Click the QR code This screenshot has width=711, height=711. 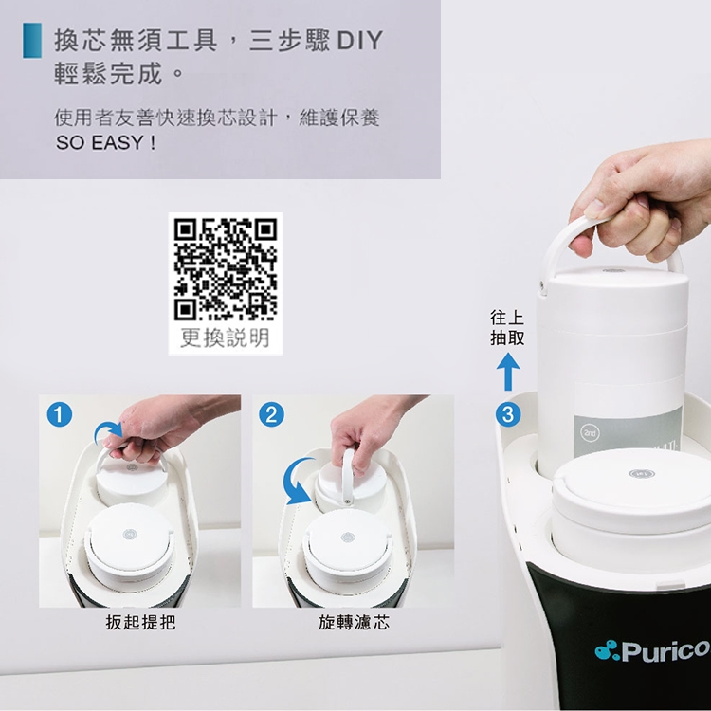226,269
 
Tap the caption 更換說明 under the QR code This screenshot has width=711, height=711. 225,337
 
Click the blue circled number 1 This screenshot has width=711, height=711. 60,414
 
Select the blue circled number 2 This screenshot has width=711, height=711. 272,414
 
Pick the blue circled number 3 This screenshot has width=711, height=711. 508,414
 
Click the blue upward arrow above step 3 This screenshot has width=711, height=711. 508,372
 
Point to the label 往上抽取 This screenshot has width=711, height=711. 507,327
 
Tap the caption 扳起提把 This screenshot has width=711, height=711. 140,622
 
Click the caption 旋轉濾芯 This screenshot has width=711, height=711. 354,622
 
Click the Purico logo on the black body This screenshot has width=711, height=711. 652,650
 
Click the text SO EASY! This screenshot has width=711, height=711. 106,143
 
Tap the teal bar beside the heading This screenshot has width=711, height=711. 32,41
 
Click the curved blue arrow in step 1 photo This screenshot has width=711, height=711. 108,432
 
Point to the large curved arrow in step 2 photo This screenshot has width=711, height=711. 298,481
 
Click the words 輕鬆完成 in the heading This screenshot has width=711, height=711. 108,74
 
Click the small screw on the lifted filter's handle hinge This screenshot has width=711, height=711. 541,284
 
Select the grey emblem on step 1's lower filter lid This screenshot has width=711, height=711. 130,534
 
